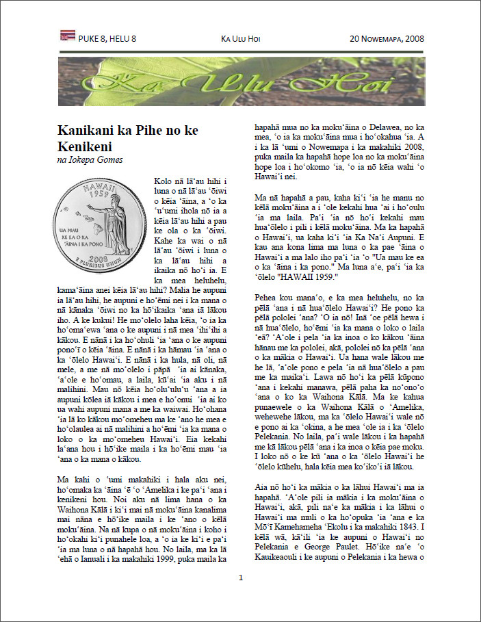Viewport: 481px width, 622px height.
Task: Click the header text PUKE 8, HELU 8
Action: (107, 39)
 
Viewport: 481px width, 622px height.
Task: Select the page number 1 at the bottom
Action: (241, 579)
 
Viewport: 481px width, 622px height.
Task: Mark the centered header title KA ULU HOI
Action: (240, 39)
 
